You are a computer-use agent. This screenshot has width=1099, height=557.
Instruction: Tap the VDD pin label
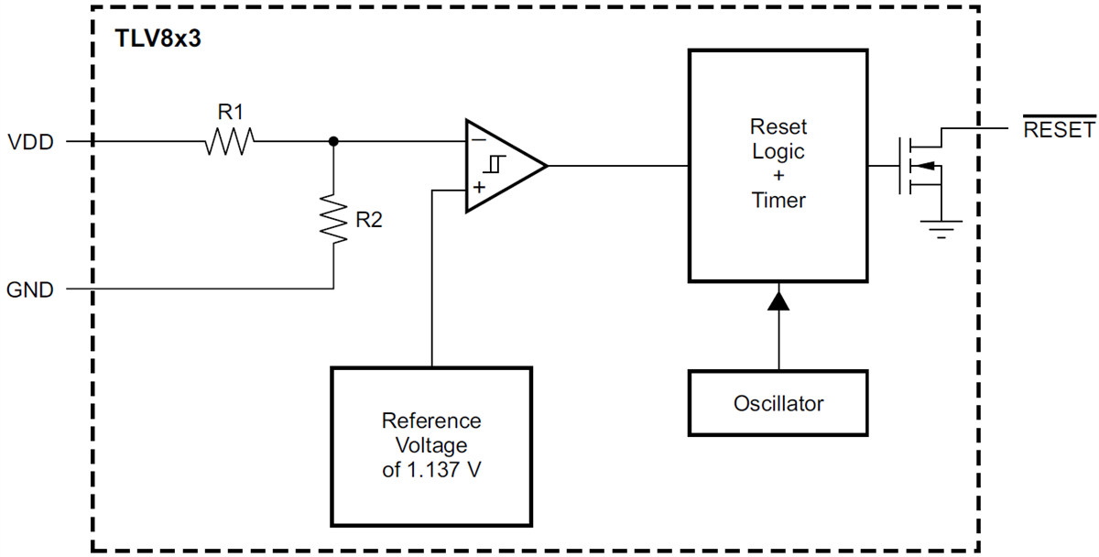point(30,143)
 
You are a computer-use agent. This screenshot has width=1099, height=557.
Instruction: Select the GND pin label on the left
point(30,290)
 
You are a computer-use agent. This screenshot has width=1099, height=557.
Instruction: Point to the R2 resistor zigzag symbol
point(333,218)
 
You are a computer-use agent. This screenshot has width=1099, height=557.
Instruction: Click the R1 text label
point(230,112)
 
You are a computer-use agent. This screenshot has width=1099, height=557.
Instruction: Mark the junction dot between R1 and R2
point(333,142)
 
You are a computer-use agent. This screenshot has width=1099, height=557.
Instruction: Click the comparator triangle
point(504,166)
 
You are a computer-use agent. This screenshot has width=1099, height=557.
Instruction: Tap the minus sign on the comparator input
point(478,142)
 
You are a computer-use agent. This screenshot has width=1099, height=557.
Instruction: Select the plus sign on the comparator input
point(478,188)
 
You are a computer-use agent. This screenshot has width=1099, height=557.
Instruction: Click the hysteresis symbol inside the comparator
point(495,166)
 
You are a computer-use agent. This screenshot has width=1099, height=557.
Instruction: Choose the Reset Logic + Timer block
point(778,165)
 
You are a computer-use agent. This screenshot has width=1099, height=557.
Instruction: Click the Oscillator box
point(778,403)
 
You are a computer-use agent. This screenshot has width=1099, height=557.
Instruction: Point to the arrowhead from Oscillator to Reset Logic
point(778,299)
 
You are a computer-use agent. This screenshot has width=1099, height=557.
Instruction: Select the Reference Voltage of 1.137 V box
point(430,445)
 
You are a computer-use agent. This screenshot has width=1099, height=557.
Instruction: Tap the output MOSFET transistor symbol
point(920,166)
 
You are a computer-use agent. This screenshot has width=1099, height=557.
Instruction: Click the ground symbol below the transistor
point(940,226)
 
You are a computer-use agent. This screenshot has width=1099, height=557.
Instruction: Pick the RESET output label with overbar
point(1058,129)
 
